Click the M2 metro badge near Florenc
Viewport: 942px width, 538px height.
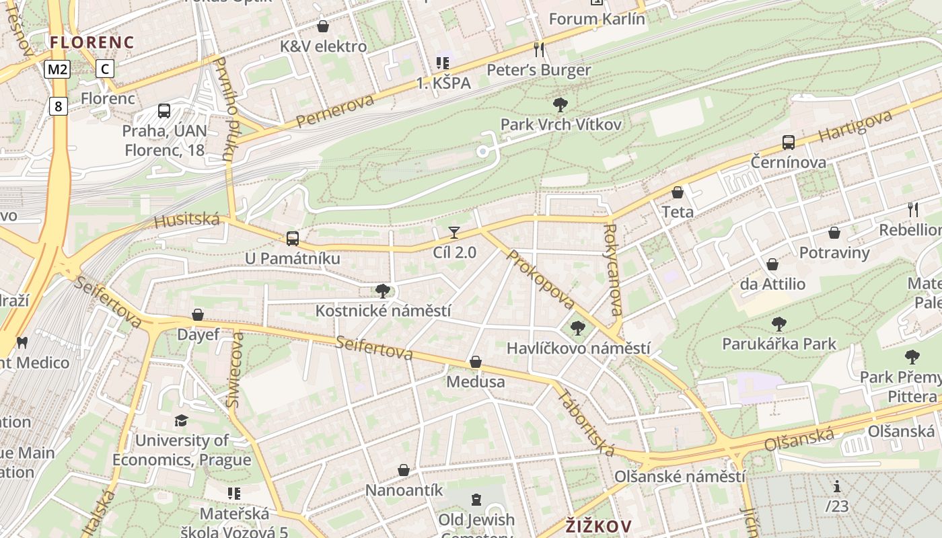click(58, 69)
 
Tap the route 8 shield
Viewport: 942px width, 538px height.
click(59, 106)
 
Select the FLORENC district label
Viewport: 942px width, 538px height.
click(92, 42)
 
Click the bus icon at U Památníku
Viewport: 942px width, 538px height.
click(293, 238)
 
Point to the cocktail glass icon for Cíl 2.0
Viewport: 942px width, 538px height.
click(454, 233)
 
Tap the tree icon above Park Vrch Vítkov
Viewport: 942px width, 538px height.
click(560, 104)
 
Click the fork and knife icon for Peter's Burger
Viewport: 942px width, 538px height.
click(538, 50)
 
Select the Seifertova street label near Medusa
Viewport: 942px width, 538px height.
click(375, 348)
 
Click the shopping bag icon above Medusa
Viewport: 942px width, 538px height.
click(476, 362)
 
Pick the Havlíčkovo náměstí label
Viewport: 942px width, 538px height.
click(578, 348)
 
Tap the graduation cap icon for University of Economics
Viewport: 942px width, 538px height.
click(181, 421)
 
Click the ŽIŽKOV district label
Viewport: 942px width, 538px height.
click(598, 525)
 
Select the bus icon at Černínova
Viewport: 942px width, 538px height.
click(789, 143)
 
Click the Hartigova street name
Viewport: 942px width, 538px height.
click(856, 126)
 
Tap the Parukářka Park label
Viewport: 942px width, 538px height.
click(778, 344)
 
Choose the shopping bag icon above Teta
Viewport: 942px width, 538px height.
click(678, 192)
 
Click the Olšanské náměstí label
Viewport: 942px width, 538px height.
click(680, 477)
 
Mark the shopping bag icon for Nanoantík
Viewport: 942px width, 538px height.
click(404, 470)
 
